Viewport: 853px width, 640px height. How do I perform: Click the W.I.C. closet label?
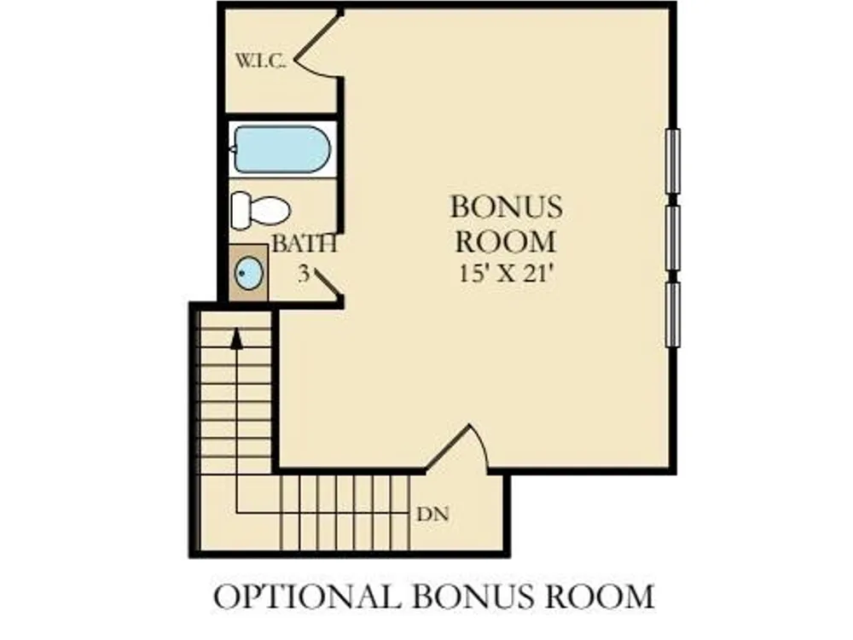coord(260,61)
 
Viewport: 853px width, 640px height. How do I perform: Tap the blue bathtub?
coord(281,149)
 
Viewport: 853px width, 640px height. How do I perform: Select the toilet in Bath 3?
coord(260,210)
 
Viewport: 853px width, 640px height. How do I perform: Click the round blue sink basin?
coord(249,273)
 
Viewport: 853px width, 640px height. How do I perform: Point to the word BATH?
coord(305,244)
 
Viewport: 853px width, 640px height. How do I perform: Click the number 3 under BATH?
coord(304,274)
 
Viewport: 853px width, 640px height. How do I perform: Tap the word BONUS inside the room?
coord(506,207)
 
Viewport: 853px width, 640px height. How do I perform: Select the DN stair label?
coord(432,515)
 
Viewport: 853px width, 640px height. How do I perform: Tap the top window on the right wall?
coord(673,160)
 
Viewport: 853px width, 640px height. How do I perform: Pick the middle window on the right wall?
coord(673,237)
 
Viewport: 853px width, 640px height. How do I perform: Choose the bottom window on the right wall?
coord(673,314)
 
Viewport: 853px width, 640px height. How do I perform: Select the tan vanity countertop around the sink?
coord(248,273)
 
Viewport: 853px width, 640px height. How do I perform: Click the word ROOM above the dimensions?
coord(506,241)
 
